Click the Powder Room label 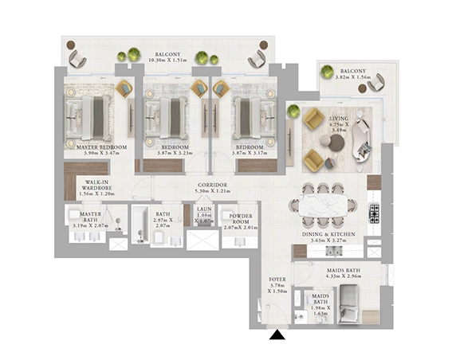click(241, 221)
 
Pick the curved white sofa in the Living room click(363, 135)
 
